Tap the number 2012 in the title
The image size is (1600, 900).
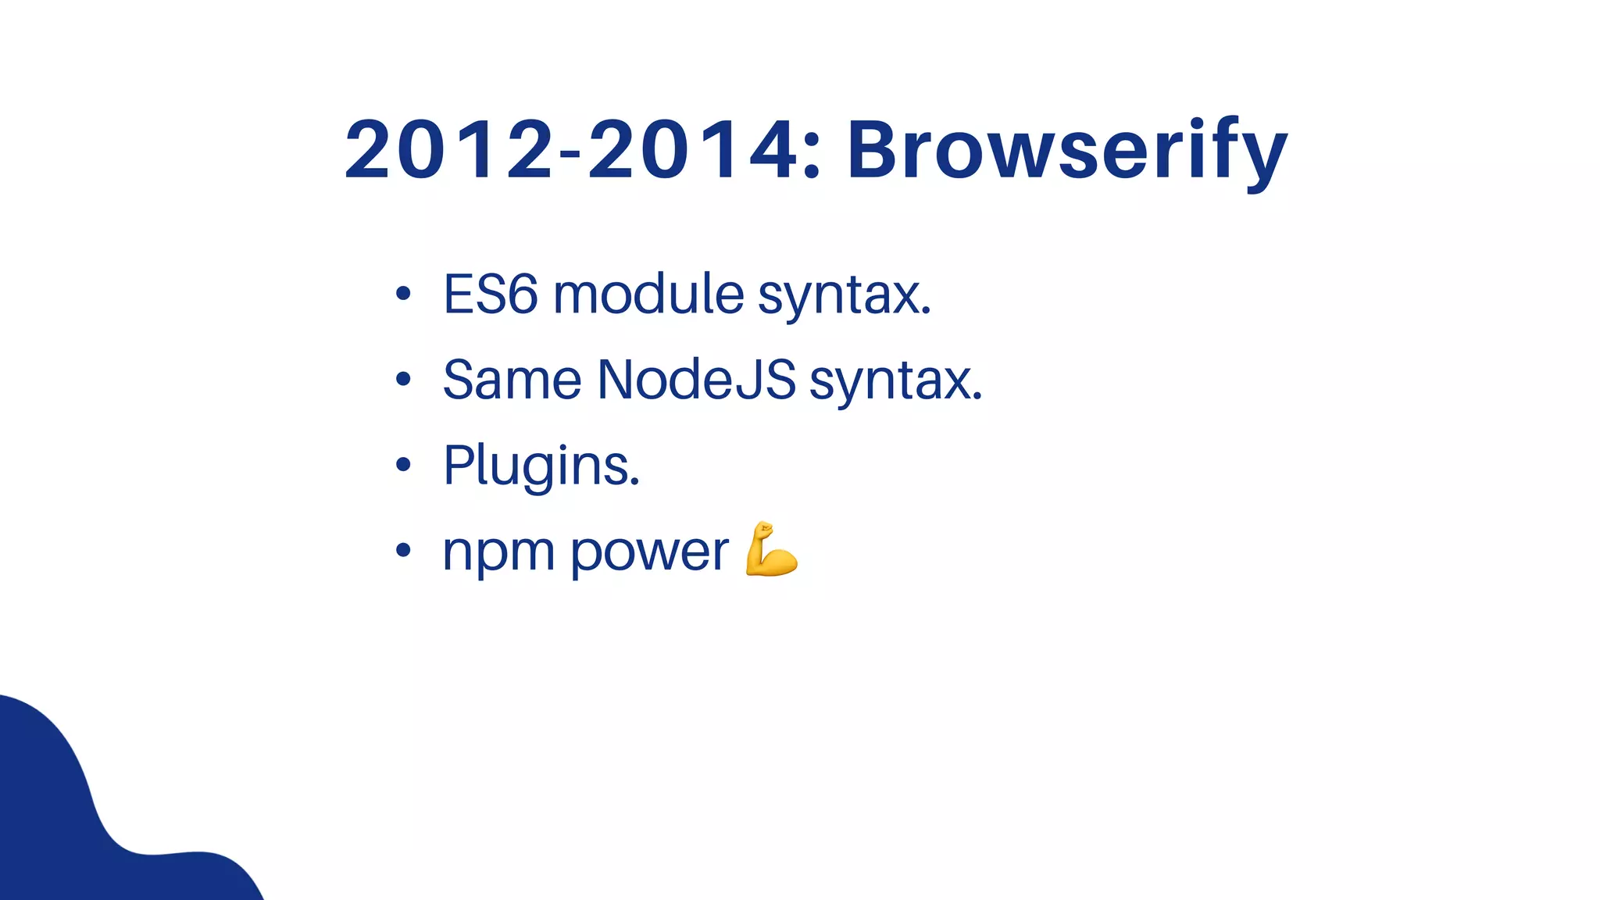(449, 150)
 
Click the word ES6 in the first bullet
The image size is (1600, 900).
(491, 295)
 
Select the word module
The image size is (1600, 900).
(648, 295)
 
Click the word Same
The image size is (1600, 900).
(512, 380)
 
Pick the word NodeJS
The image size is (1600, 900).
(696, 380)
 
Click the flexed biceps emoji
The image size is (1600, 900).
(770, 550)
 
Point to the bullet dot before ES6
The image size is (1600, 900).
(403, 295)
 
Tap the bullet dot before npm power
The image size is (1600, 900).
(403, 551)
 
